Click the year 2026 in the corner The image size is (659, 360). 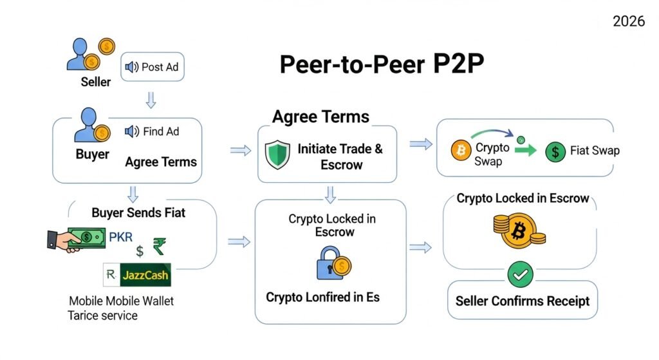tap(628, 22)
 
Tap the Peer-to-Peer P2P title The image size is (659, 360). tap(381, 65)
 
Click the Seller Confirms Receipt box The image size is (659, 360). tap(522, 301)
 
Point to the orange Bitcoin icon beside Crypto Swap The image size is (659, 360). tap(461, 151)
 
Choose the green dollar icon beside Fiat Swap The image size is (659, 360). tap(554, 151)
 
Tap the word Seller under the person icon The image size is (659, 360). tap(96, 82)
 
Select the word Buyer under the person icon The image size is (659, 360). tap(93, 155)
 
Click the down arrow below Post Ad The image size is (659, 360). tap(151, 100)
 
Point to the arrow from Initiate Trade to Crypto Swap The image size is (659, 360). tap(420, 145)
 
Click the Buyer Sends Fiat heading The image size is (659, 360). tap(138, 212)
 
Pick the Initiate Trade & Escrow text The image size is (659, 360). tap(340, 156)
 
